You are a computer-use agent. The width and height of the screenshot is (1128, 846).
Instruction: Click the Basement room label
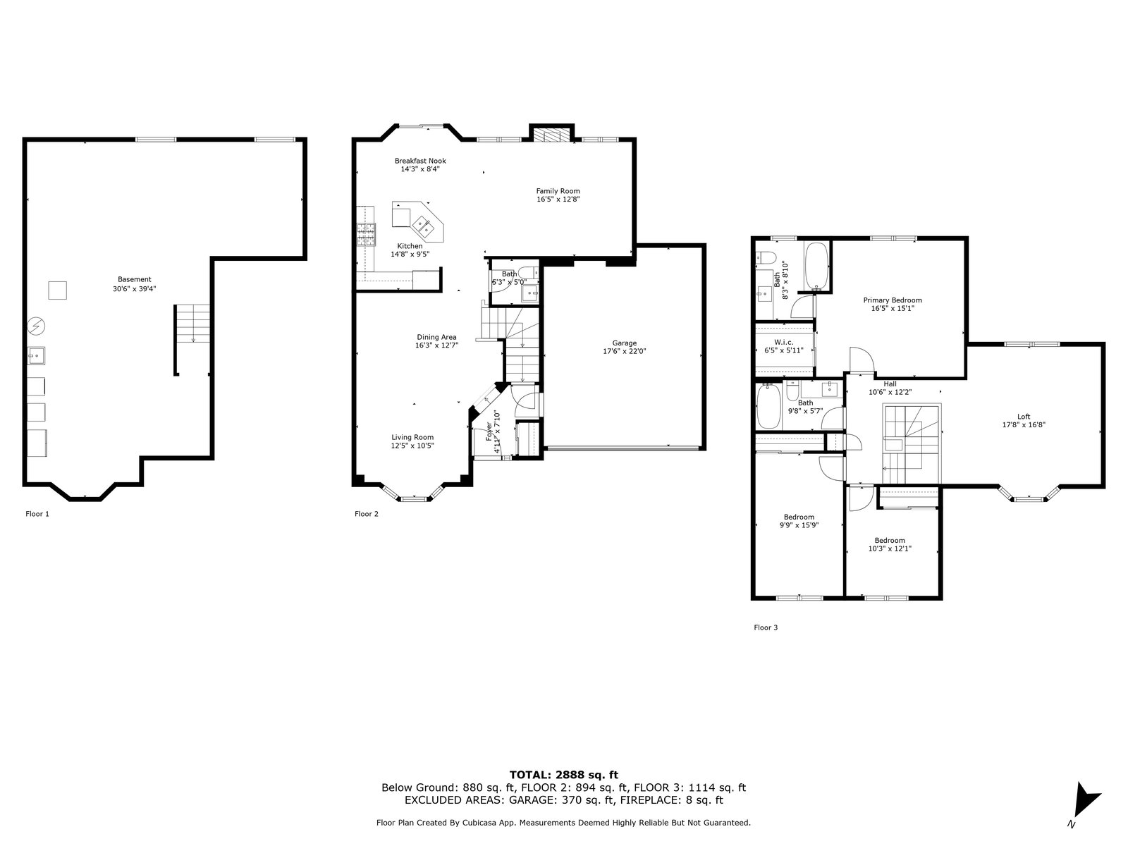(134, 279)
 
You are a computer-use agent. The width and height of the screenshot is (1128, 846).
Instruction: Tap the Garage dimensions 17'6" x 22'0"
(624, 351)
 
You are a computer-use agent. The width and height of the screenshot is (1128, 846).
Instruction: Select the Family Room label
(558, 191)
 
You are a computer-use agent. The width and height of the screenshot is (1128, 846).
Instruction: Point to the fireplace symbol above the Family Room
(551, 135)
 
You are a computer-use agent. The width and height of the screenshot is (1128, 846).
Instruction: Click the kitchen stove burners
(367, 235)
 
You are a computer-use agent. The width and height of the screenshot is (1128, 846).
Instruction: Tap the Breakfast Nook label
(420, 161)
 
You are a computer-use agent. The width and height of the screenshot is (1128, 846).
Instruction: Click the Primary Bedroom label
(892, 300)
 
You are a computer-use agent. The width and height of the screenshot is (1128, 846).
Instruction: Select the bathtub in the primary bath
(816, 266)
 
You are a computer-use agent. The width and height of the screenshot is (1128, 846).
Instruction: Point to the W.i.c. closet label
(784, 342)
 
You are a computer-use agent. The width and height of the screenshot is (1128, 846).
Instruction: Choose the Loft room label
(1024, 417)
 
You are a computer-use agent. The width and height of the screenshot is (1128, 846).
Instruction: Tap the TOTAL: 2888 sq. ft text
(564, 775)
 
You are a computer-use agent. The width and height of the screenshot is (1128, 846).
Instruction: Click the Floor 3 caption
(765, 627)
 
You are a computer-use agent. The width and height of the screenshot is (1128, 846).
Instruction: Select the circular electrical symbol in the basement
(37, 326)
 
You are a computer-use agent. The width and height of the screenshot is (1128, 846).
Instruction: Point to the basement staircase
(192, 324)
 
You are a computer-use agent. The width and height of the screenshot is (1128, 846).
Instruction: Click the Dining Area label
(436, 338)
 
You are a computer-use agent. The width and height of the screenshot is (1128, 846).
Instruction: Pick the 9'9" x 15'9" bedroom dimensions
(799, 525)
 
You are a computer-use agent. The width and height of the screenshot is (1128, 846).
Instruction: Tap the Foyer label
(489, 431)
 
